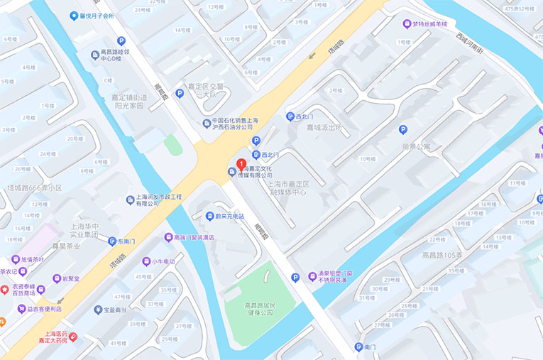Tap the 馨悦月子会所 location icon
[x=73, y=16]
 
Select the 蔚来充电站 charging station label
[x=229, y=216]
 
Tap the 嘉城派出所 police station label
[x=324, y=128]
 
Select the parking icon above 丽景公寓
[x=403, y=129]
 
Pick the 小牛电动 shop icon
[x=146, y=261]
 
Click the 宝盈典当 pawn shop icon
[x=98, y=310]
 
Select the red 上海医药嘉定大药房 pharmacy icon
[x=73, y=335]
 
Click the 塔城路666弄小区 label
[x=35, y=188]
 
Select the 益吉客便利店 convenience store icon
[x=22, y=309]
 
